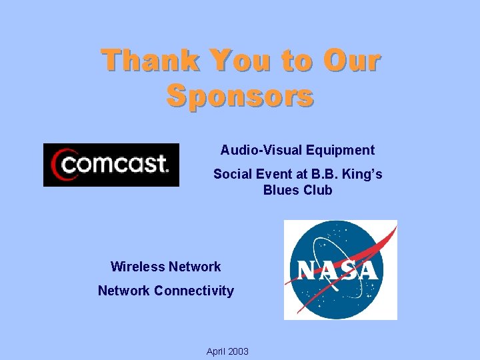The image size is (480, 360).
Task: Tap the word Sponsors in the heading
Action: tap(240, 95)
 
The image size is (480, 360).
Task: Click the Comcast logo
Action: tap(111, 165)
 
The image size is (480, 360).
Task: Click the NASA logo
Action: tap(340, 269)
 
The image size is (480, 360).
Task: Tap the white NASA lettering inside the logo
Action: tap(337, 270)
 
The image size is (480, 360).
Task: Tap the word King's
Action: tap(364, 174)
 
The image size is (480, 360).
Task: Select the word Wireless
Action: tap(138, 267)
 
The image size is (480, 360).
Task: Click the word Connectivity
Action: tap(194, 291)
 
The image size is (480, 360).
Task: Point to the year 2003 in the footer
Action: tap(237, 351)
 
